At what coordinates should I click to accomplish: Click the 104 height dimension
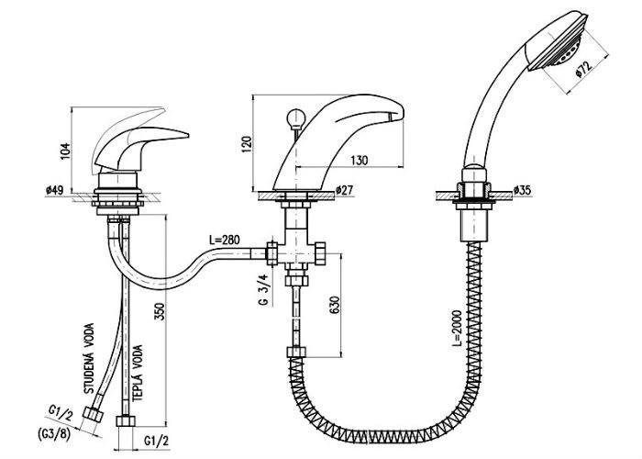[65, 151]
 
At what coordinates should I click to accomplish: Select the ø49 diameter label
[54, 190]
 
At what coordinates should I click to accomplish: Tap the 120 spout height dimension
[247, 144]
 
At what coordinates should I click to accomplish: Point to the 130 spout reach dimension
[359, 161]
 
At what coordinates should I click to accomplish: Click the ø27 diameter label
[344, 190]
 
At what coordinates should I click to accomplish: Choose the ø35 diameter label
[522, 190]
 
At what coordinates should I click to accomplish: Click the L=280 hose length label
[224, 241]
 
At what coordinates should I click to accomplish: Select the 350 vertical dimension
[160, 311]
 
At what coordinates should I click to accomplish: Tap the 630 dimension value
[335, 305]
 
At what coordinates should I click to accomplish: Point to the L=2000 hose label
[457, 329]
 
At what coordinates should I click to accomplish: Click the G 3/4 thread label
[265, 290]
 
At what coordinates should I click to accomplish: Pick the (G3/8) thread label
[54, 433]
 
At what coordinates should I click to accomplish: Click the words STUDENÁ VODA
[89, 359]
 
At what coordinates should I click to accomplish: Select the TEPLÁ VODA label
[138, 373]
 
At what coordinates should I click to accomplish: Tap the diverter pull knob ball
[295, 118]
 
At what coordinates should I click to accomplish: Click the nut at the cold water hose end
[92, 412]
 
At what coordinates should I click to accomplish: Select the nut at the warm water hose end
[126, 421]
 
